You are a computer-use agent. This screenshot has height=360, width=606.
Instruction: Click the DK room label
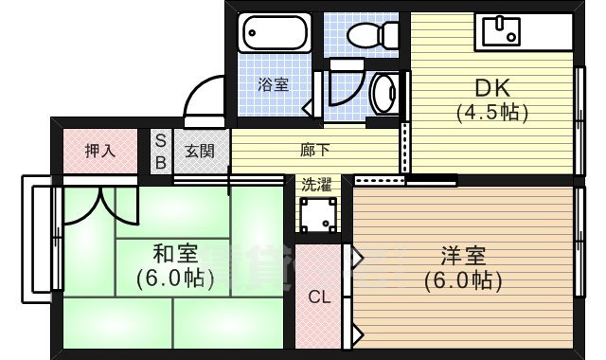pos(492,87)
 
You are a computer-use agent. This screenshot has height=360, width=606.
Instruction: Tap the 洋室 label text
pos(463,256)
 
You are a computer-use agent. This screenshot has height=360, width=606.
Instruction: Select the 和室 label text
pos(175,254)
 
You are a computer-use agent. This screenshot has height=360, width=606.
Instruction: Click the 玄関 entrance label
pos(199,151)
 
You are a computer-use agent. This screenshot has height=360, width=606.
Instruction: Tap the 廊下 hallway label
pos(315,150)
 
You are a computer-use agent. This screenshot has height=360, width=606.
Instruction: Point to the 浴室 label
pos(274,84)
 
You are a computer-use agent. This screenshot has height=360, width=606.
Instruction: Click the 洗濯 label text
pos(317,184)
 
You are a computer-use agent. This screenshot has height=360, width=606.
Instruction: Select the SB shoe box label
pos(160,151)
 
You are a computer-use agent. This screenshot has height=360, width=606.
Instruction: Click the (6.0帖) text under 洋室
pos(463,280)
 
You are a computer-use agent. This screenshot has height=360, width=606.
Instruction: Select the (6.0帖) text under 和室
pos(175,279)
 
